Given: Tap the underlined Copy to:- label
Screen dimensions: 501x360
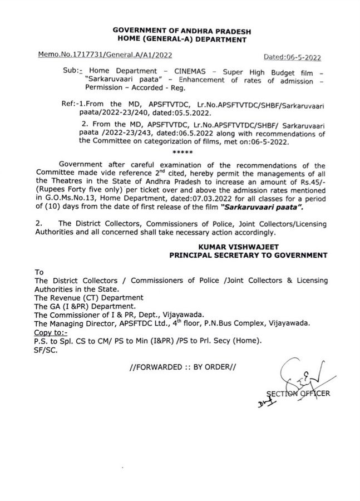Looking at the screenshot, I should (x=51, y=332).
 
